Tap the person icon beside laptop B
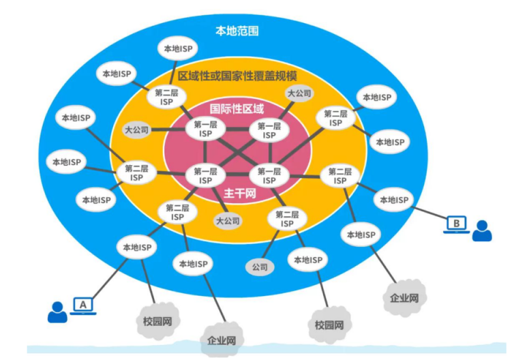pos(482,230)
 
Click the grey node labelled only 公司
pos(260,267)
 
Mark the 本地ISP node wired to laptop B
pos(393,200)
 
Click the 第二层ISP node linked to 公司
pos(287,220)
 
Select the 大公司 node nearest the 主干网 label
pos(228,221)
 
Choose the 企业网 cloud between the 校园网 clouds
pos(222,340)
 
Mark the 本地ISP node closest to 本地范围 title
pos(178,48)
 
